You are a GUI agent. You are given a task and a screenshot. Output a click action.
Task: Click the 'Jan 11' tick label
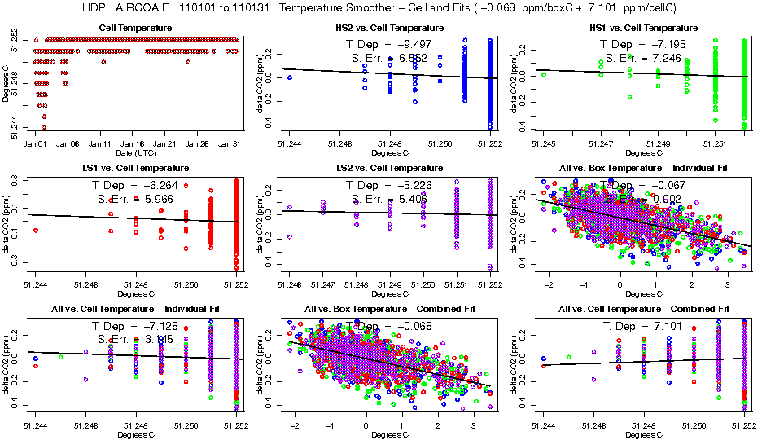101,143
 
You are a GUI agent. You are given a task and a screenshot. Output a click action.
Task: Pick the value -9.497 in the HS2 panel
418,44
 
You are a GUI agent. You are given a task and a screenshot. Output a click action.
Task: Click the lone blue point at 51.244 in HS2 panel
290,77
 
